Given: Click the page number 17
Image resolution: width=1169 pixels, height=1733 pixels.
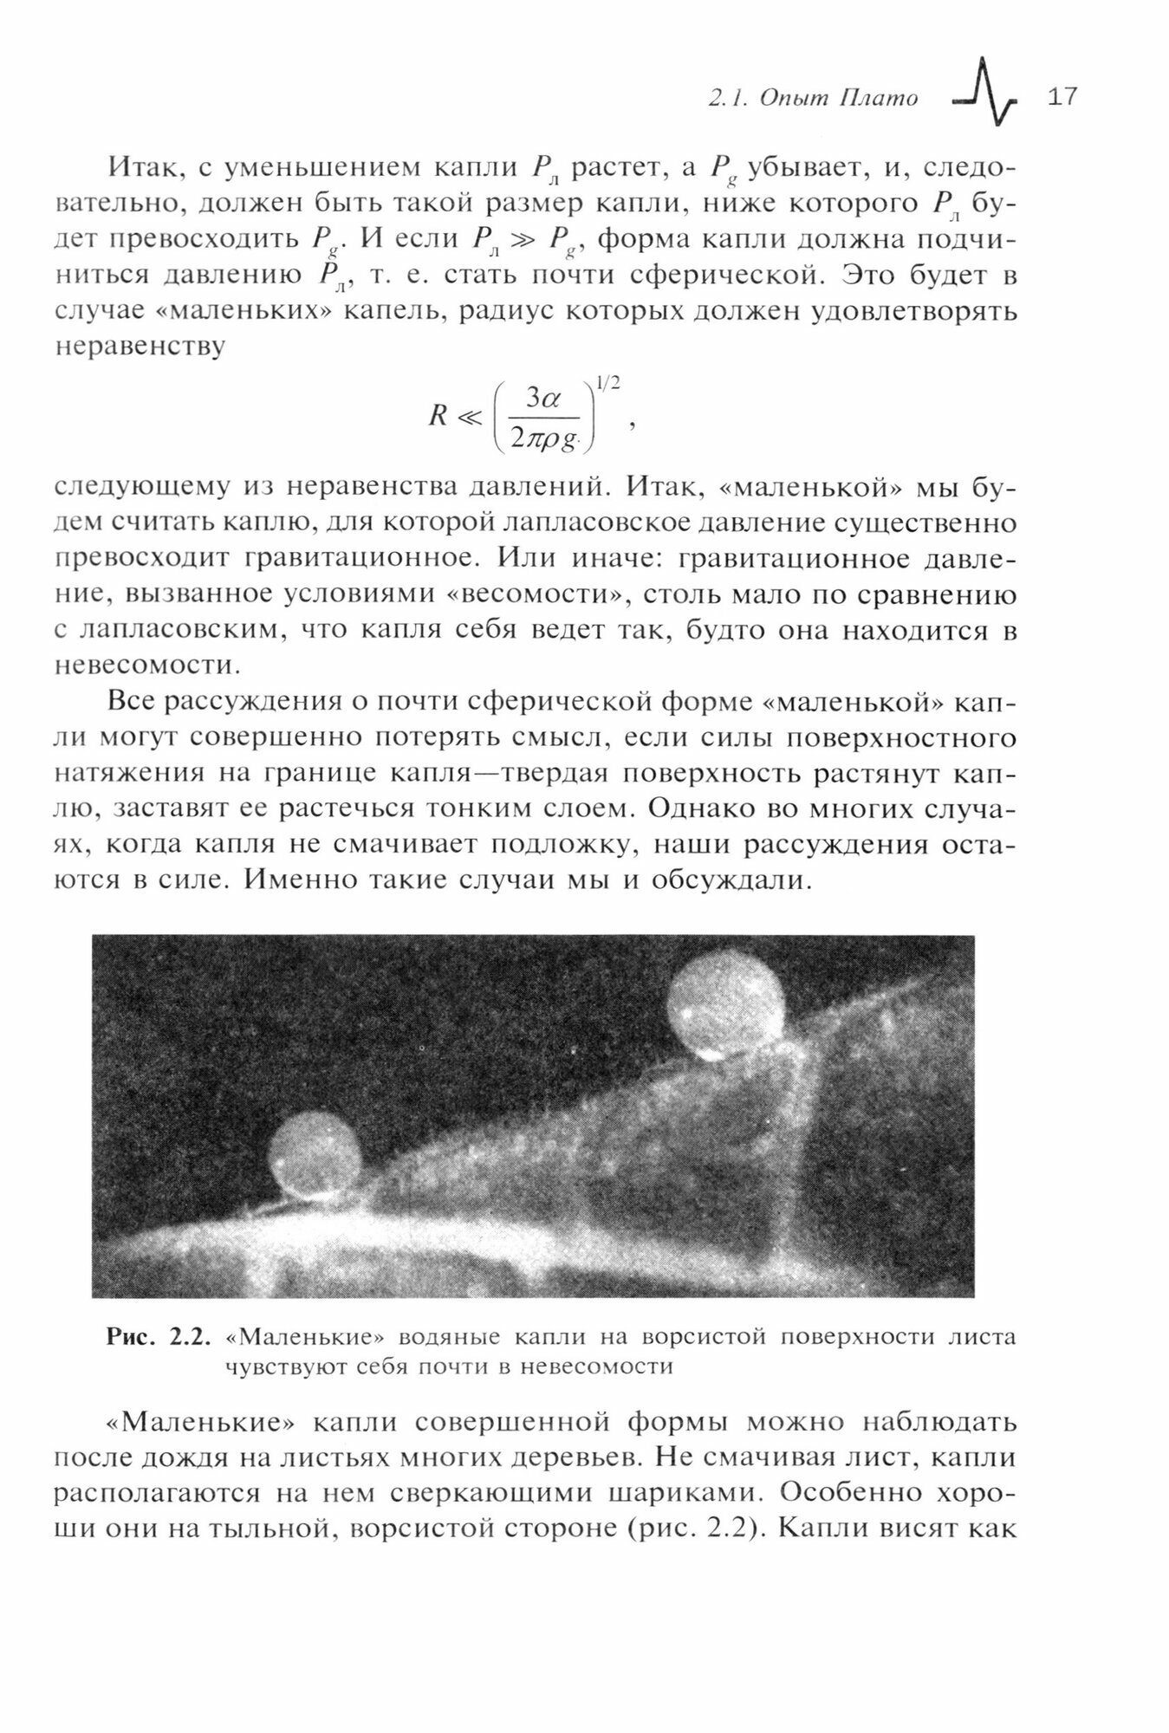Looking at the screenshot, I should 1062,96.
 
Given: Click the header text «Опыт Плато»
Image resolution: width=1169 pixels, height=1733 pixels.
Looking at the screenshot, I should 839,99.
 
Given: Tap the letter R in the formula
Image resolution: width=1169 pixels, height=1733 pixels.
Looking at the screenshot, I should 438,417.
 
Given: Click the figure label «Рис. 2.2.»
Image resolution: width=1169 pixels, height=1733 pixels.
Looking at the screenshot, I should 159,1337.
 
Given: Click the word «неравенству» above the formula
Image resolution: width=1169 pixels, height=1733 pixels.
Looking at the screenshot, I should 140,346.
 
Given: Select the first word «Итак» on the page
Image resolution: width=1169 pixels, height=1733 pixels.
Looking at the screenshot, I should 144,167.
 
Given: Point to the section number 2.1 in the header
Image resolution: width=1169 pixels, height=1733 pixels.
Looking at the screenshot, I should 726,99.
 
